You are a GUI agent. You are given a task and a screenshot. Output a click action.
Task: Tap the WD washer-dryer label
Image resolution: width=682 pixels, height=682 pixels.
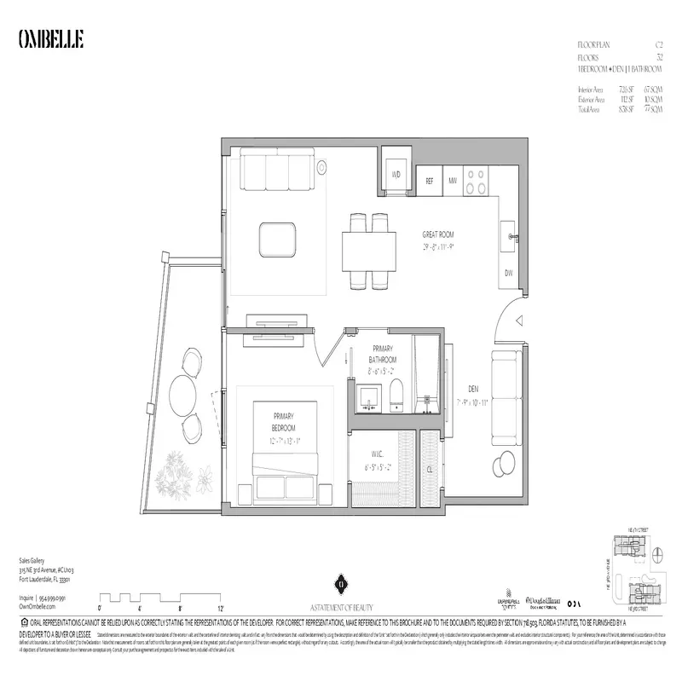click(x=396, y=174)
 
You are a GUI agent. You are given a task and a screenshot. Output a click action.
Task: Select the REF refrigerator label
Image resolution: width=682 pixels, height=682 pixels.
click(x=431, y=180)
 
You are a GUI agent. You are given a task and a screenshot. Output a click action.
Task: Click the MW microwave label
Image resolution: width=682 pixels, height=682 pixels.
click(x=454, y=180)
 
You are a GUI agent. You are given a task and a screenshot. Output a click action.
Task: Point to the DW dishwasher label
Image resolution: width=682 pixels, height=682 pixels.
click(x=508, y=273)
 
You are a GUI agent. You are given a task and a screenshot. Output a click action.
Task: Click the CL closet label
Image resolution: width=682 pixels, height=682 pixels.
click(x=431, y=468)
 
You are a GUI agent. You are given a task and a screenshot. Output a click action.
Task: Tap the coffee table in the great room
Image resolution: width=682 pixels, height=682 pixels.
click(x=279, y=238)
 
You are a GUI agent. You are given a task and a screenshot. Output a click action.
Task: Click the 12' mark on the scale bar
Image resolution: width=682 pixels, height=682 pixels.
click(x=220, y=609)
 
